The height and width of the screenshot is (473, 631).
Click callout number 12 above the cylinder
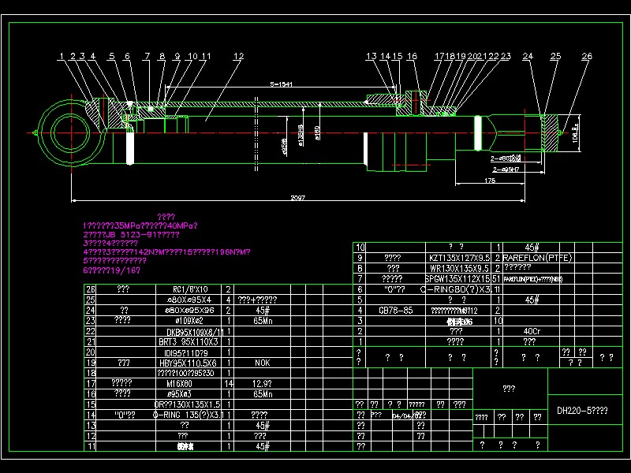[238, 57]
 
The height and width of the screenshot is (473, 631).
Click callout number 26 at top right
[586, 57]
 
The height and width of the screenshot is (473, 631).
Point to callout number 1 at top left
[61, 57]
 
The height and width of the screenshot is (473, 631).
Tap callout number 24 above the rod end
[528, 57]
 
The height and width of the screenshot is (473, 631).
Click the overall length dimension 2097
[298, 197]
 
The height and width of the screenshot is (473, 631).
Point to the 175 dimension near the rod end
[491, 181]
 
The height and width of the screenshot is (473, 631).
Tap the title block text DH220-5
[582, 411]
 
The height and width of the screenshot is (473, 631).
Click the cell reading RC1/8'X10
[182, 290]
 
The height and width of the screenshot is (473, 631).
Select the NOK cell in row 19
[262, 363]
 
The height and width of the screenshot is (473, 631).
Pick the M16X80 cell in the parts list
[182, 383]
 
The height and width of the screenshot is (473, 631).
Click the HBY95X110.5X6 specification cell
[182, 363]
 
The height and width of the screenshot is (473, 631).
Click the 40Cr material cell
[530, 331]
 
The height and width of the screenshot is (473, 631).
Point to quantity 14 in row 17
[229, 383]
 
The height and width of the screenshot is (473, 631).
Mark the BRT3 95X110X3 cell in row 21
[182, 342]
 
